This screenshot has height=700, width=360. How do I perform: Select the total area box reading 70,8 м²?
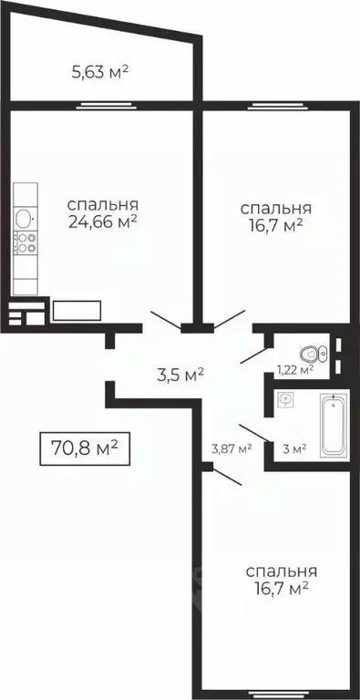click(83, 448)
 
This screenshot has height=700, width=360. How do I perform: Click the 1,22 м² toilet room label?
click(294, 369)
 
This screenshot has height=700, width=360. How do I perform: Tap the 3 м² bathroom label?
click(293, 448)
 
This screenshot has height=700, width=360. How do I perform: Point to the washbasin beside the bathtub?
click(287, 399)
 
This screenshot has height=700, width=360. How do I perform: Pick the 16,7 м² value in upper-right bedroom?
click(273, 224)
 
